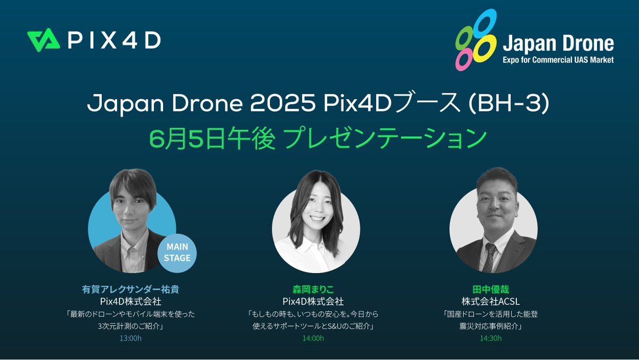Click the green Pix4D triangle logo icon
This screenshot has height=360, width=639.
tap(44, 40)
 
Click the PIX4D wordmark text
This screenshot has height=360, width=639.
tap(114, 41)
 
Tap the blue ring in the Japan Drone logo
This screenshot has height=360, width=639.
tap(484, 22)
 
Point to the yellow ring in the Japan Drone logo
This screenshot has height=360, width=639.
tap(484, 48)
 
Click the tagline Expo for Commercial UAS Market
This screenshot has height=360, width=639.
tap(558, 60)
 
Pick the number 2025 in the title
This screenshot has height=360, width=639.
tap(282, 103)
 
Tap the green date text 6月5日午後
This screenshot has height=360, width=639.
tap(212, 139)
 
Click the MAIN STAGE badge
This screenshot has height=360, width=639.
tap(177, 252)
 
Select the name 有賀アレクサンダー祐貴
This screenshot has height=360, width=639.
tap(131, 290)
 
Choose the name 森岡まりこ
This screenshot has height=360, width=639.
tap(313, 290)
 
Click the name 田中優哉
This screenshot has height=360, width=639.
tap(491, 290)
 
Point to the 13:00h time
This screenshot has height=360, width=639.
tap(131, 338)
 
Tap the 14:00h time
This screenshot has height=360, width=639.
tap(313, 338)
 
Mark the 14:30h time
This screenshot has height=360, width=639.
tap(491, 338)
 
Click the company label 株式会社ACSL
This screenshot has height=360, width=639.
tap(491, 302)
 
